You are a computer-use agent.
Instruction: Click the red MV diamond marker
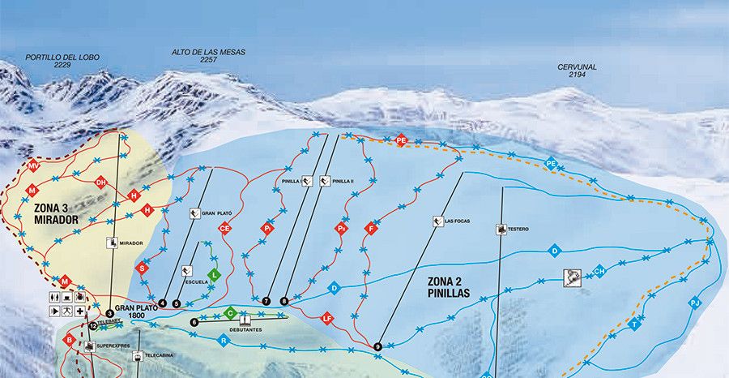33,166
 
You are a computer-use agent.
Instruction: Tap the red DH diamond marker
100,183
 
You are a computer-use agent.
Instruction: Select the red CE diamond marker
225,229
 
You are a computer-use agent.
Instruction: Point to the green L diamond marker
214,275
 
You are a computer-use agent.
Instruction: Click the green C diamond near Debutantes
231,312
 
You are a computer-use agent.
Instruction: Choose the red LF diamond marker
327,317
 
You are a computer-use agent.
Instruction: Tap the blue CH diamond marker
600,271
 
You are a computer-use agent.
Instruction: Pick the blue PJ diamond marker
694,303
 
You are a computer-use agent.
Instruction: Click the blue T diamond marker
635,324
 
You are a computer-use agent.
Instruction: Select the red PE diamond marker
401,140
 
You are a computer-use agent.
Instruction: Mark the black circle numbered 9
377,347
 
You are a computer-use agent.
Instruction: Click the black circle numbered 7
266,301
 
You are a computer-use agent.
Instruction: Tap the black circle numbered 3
109,313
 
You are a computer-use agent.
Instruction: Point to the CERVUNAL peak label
578,70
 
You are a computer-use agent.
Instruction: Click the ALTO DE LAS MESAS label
208,56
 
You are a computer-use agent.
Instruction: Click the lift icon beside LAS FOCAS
437,221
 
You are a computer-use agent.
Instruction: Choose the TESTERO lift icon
501,230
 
